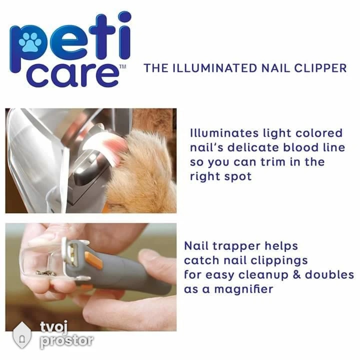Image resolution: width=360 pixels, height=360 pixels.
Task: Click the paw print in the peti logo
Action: pos(30,42)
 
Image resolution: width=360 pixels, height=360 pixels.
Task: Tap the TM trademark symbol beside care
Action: pos(123,66)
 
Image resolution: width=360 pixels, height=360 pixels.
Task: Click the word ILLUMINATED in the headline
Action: pos(214,68)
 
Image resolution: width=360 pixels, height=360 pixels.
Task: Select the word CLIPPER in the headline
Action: pos(320,68)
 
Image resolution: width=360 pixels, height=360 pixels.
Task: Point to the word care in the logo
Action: pos(73,75)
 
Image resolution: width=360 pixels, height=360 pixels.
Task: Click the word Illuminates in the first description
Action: pos(223,133)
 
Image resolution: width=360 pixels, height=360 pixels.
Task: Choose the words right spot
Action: pos(220,177)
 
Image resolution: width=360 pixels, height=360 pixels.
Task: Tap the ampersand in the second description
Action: pos(296,275)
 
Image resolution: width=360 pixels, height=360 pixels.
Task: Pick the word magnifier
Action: pos(243,289)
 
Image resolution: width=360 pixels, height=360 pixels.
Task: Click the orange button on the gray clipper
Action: pos(93,260)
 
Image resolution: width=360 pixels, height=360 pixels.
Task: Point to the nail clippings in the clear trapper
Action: pos(46,273)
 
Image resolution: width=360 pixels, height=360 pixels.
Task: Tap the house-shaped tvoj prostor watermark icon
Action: pos(22,335)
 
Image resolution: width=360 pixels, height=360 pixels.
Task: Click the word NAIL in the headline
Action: pos(275,68)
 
